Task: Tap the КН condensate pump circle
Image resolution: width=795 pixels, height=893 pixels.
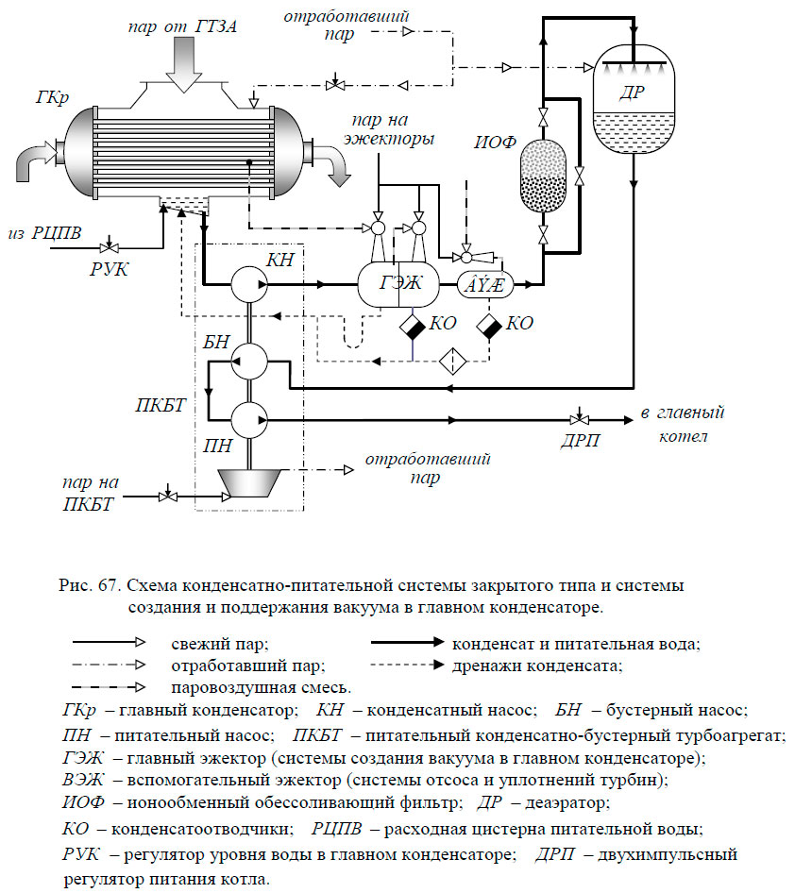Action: (x=249, y=283)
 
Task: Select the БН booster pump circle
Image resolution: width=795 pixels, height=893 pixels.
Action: (x=249, y=362)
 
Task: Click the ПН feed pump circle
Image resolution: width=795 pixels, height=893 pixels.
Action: (x=249, y=420)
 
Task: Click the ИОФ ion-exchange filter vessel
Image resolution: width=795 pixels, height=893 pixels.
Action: (x=543, y=177)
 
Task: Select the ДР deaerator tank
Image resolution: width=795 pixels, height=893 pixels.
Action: (x=634, y=100)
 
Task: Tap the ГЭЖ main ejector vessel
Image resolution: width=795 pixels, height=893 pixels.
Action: (x=398, y=283)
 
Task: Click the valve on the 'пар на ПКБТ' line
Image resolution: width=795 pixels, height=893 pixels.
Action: (x=167, y=496)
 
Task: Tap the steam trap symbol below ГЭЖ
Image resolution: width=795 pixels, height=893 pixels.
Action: (x=413, y=327)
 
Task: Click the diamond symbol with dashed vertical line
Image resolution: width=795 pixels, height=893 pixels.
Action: (x=453, y=361)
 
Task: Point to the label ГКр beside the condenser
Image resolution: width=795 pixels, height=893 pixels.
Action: (x=52, y=98)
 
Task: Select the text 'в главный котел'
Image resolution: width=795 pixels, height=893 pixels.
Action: (x=683, y=424)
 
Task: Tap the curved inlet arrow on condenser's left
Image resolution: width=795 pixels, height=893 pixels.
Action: (x=35, y=160)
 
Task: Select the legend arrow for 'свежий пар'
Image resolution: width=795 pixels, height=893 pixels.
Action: (x=109, y=643)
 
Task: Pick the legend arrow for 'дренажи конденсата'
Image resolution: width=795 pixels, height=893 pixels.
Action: (x=407, y=665)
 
